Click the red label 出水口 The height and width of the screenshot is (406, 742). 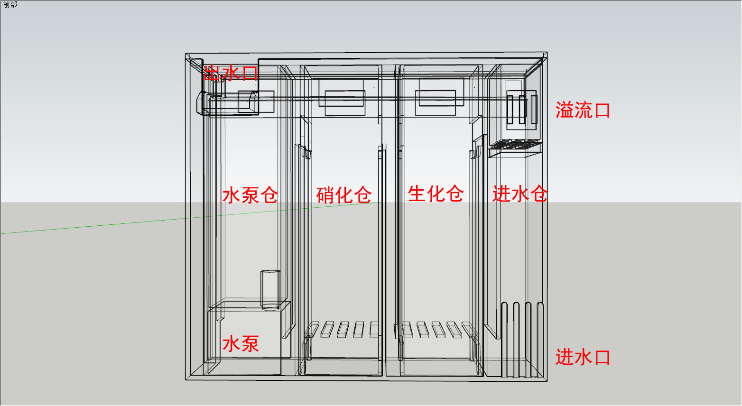point(231,73)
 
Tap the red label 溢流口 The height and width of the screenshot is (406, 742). point(583,111)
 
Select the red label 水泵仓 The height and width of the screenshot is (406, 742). point(250,195)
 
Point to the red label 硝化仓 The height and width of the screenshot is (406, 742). point(344,195)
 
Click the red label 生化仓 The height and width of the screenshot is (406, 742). point(436,194)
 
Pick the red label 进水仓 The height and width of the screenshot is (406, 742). point(519,194)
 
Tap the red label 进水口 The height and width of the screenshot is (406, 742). point(583,357)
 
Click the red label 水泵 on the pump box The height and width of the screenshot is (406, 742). point(241,343)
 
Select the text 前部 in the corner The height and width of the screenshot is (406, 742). point(10,4)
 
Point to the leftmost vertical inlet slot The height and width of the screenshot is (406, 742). point(504,340)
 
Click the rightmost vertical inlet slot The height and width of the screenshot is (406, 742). point(540,340)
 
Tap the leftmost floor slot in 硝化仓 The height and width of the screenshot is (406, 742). point(312,329)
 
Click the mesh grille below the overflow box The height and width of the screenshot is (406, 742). point(515,145)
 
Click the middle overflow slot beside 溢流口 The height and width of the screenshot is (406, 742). point(522,110)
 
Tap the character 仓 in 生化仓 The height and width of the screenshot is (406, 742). point(454,194)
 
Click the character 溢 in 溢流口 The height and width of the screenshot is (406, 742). point(564,111)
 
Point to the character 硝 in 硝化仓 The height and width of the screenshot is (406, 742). point(325,195)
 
